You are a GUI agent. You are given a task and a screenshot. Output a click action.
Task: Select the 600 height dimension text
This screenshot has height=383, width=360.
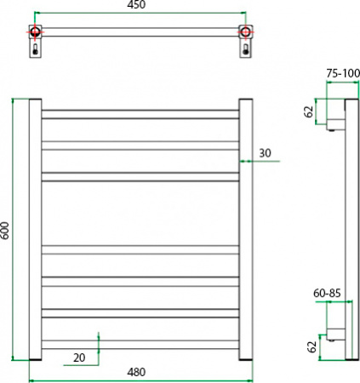tap(6, 230)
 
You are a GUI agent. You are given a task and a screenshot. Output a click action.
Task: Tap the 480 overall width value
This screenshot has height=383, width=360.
tap(138, 371)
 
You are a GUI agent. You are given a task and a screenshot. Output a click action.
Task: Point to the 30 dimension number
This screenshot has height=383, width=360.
tap(265, 152)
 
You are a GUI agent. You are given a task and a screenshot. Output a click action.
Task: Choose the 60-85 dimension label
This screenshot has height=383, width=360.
tap(327, 292)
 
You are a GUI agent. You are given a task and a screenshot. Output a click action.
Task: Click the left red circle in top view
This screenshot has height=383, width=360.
tap(35, 33)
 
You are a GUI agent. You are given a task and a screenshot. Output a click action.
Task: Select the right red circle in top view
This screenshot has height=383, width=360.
tap(246, 33)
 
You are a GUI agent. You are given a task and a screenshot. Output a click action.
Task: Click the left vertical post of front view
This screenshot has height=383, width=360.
tap(36, 230)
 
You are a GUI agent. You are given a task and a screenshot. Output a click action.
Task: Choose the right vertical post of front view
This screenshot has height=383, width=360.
tap(245, 230)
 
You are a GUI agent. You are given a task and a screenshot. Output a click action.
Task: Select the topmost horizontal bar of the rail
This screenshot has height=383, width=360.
tap(140, 112)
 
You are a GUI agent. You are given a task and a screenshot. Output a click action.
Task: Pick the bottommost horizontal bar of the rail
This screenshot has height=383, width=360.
tap(140, 345)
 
